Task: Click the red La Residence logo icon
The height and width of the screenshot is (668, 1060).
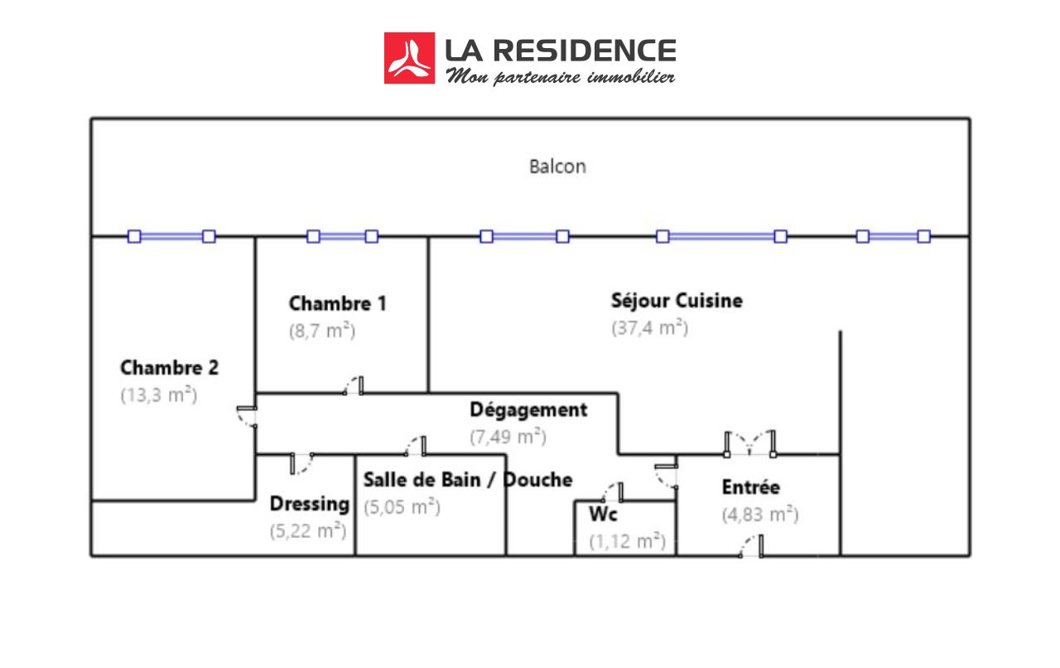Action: (x=409, y=58)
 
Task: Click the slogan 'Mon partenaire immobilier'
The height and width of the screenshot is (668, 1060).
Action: (x=561, y=77)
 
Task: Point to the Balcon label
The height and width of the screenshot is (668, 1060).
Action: (x=557, y=167)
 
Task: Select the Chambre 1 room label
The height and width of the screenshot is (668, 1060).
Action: (x=337, y=303)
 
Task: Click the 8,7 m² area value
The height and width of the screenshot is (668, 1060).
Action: (x=321, y=331)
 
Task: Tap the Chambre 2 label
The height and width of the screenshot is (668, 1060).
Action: (x=169, y=367)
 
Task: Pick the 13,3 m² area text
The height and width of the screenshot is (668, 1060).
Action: (x=159, y=395)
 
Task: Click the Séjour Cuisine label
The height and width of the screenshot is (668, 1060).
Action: (x=677, y=300)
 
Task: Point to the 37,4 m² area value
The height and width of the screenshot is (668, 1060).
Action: (x=649, y=327)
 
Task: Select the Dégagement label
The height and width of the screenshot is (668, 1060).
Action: (x=528, y=409)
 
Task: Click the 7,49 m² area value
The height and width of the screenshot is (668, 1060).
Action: (x=508, y=437)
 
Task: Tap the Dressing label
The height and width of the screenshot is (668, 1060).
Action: (x=310, y=504)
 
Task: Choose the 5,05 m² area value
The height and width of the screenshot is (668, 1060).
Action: (x=402, y=507)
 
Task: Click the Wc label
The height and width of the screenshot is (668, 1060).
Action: (x=603, y=515)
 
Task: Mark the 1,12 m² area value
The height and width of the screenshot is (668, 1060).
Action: (x=627, y=542)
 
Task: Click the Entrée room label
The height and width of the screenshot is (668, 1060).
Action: (x=750, y=487)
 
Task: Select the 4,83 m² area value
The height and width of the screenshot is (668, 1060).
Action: (x=759, y=515)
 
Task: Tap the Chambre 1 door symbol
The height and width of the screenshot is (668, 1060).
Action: (x=354, y=385)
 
